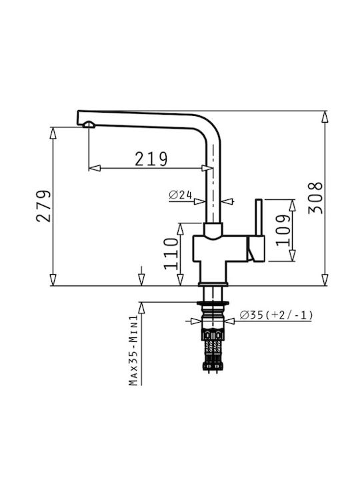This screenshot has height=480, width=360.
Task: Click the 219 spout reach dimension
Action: pyautogui.click(x=151, y=159)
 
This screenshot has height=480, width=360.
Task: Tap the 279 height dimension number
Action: pyautogui.click(x=43, y=206)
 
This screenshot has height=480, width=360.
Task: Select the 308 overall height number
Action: pyautogui.click(x=315, y=198)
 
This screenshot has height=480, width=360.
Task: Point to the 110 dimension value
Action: pyautogui.click(x=171, y=254)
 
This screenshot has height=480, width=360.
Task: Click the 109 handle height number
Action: pyautogui.click(x=283, y=230)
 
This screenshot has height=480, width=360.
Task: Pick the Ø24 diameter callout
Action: pyautogui.click(x=180, y=195)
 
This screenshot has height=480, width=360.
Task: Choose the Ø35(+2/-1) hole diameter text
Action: pyautogui.click(x=277, y=315)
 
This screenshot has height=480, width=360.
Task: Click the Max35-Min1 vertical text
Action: pyautogui.click(x=133, y=351)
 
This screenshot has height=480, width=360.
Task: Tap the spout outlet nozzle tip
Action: pyautogui.click(x=89, y=124)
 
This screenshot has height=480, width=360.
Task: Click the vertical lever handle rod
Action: pyautogui.click(x=259, y=217)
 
